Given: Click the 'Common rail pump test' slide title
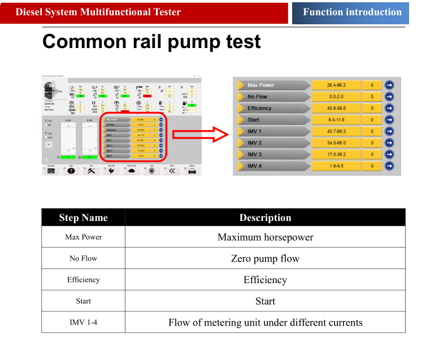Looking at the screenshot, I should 151,42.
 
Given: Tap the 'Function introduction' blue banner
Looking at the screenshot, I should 352,12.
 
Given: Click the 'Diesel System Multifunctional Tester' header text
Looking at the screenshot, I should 98,12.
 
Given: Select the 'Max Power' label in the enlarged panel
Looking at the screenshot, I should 260,85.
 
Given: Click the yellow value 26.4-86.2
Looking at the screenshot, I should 336,85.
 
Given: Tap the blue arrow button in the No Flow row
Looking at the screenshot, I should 389,97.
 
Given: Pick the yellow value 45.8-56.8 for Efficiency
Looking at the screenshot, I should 336,109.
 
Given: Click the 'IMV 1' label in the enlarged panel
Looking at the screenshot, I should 255,131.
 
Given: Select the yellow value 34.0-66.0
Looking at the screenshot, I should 336,143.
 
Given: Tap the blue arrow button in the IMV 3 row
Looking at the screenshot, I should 389,154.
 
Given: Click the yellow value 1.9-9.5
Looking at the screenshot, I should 336,166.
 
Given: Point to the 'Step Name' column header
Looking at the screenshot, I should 83,218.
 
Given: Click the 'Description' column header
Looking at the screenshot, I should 265,218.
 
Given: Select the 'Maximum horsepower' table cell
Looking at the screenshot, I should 265,237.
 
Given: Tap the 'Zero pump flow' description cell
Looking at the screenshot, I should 265,259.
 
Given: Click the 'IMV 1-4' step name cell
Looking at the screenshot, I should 83,323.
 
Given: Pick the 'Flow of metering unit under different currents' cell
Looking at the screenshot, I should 265,323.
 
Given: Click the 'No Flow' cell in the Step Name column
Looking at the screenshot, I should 83,258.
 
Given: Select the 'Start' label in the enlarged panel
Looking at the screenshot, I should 254,120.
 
